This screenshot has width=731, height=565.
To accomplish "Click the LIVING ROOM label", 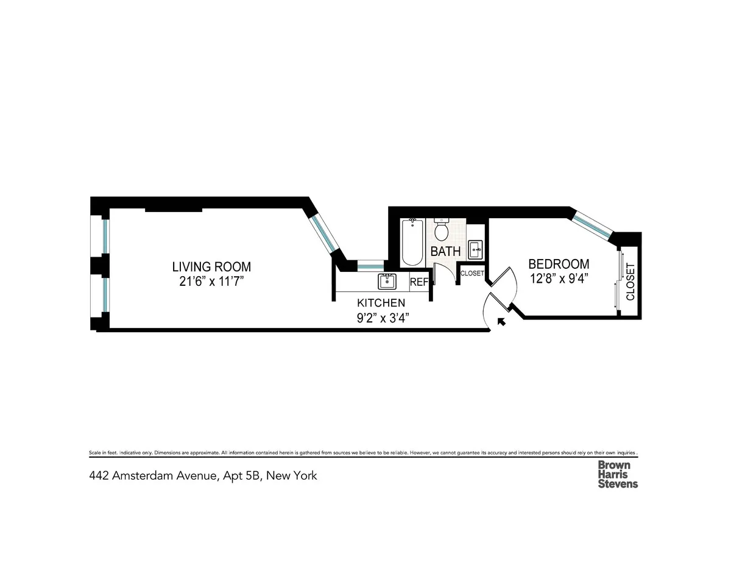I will coord(211,266).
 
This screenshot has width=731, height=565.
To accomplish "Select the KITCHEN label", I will coord(381,302).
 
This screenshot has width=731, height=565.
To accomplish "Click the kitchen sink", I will coord(387,282).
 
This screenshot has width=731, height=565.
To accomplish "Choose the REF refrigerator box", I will coord(419,282).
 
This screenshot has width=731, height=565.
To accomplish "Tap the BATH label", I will coord(445,251).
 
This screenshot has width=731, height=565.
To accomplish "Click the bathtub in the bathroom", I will coord(412,243).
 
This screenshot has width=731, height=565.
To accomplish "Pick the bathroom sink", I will coord(475,248).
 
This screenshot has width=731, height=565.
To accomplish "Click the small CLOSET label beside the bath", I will coord(472,274).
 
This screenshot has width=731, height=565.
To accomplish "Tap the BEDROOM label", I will coord(559,264).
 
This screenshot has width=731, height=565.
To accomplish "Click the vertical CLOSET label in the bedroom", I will coord(630,282).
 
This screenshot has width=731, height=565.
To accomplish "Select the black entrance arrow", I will coord(502,321).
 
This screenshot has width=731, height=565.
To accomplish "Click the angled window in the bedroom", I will coord(593,224).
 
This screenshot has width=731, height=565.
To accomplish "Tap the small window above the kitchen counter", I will coord(370,265).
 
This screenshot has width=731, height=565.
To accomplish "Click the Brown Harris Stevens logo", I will coord(618,474).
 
